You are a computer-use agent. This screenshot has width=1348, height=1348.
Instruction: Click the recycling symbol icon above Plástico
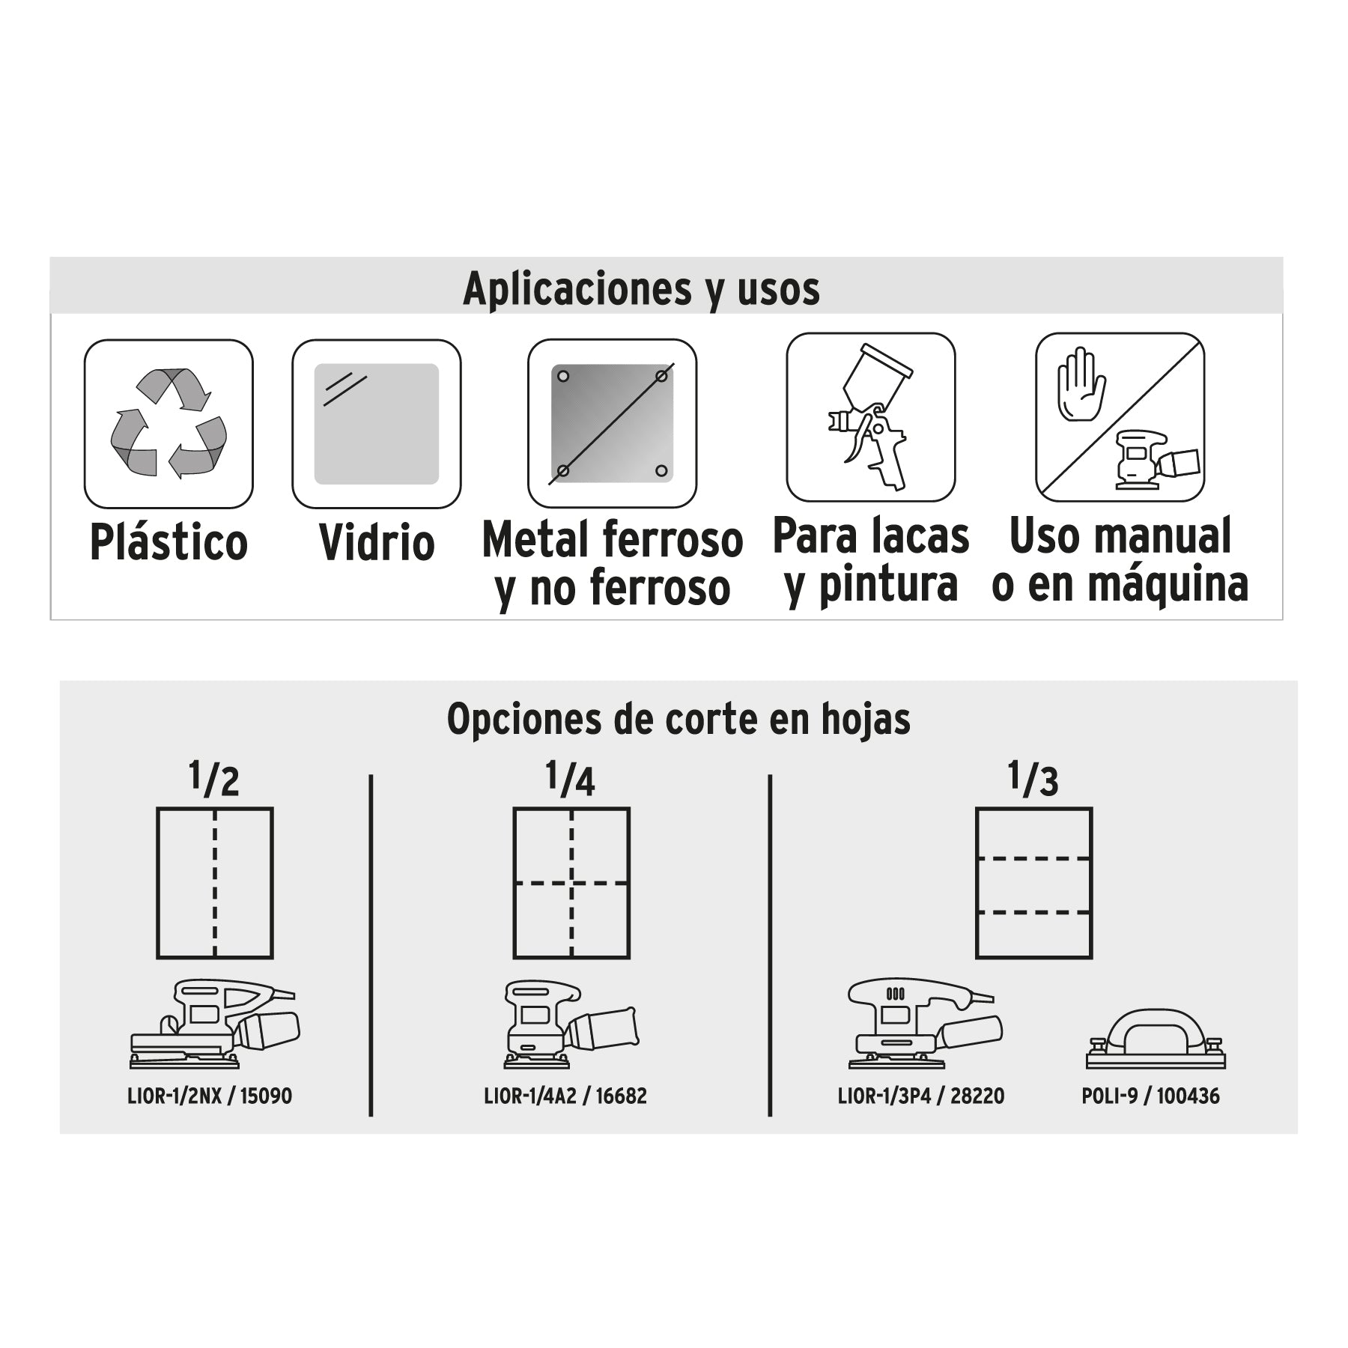click(168, 423)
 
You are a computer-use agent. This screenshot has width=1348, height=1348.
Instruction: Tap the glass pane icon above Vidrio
click(376, 424)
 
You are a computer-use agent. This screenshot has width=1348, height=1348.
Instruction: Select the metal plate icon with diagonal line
click(612, 423)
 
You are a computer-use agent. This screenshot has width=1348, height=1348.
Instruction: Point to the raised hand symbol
click(1081, 383)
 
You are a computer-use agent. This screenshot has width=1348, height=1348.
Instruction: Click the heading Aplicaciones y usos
click(641, 288)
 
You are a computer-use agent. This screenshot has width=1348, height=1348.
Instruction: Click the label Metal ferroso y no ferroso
click(613, 563)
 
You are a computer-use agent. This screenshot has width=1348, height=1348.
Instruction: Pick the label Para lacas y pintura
click(871, 560)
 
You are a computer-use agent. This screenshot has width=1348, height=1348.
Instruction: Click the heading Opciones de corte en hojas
click(678, 719)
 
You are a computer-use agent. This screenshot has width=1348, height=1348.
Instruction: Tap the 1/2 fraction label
click(214, 779)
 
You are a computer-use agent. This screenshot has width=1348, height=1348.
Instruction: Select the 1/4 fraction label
click(571, 779)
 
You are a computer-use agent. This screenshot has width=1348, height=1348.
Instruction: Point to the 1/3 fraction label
click(1033, 779)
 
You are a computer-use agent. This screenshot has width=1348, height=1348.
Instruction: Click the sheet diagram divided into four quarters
click(571, 883)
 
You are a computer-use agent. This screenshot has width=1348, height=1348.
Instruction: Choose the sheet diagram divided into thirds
click(1033, 883)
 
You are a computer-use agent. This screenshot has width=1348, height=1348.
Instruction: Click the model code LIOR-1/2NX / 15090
click(210, 1096)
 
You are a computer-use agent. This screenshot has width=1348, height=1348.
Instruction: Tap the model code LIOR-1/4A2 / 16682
click(565, 1096)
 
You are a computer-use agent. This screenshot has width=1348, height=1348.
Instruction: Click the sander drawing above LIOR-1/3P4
click(924, 1024)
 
